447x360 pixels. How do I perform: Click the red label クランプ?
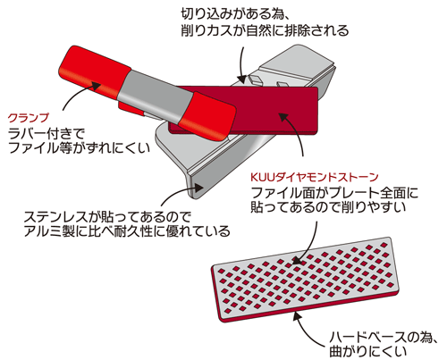[x=29, y=118]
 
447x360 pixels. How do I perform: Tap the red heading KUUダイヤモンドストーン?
[x=314, y=177]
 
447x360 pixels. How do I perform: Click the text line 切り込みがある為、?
[x=234, y=13]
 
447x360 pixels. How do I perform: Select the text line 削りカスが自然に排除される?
[x=265, y=30]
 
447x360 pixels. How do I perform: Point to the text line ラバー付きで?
[x=46, y=134]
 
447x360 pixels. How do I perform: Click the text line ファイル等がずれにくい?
[x=79, y=148]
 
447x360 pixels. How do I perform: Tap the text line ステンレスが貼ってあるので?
[x=107, y=217]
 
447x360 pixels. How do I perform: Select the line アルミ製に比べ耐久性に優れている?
[x=127, y=231]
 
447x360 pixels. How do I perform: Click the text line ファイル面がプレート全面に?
[x=334, y=193]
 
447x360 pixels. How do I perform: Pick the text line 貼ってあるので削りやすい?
[x=328, y=207]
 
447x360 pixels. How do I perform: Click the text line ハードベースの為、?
[x=383, y=338]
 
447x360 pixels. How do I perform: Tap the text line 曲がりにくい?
[x=367, y=351]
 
